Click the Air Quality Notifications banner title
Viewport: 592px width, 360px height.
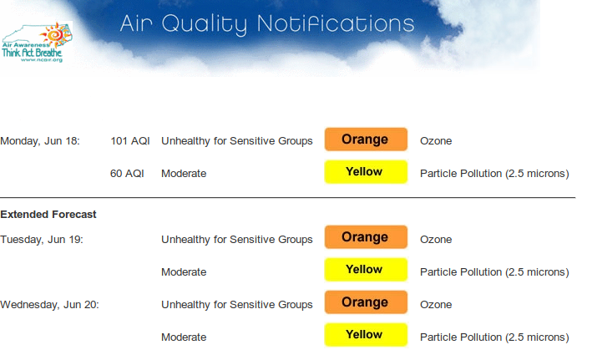[267, 24]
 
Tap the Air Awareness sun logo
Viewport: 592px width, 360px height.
[57, 35]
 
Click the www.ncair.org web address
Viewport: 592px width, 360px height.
[42, 59]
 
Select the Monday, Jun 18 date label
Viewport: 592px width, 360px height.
[40, 141]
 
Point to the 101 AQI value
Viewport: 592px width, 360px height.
[130, 141]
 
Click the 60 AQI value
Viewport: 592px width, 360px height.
[127, 174]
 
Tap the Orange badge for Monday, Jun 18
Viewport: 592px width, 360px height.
[366, 139]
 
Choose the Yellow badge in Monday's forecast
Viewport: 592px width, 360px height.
[366, 172]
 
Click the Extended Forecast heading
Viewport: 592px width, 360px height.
[48, 215]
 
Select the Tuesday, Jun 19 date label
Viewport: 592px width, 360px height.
[42, 240]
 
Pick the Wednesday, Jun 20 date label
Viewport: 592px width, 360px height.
[49, 305]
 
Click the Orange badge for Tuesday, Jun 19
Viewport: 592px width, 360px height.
[366, 237]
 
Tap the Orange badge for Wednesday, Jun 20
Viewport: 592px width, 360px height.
[366, 302]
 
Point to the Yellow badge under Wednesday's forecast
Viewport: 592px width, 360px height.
[366, 335]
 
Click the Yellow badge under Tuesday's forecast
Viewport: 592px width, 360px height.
[366, 270]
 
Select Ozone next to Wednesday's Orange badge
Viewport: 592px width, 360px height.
[436, 305]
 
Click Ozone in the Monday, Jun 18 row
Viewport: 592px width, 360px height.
[436, 141]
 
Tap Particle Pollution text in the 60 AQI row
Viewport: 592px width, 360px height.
[494, 174]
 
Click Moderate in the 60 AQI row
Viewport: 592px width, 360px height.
[184, 174]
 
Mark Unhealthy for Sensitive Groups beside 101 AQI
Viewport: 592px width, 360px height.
[237, 141]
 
